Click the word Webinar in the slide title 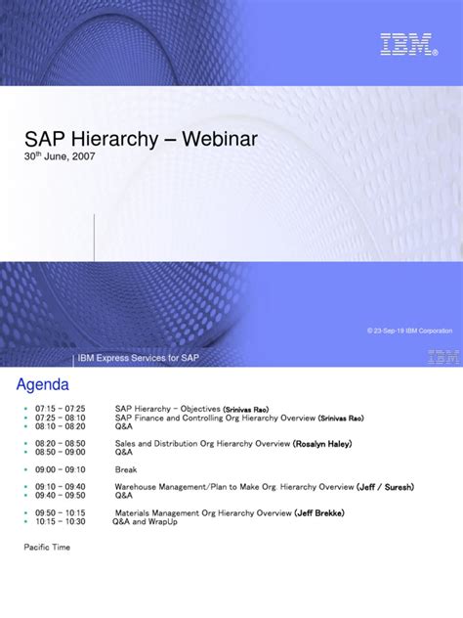(218, 140)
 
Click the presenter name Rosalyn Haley (323, 444)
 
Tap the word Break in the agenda (125, 468)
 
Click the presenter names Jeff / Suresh (387, 486)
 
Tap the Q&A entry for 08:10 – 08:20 (124, 427)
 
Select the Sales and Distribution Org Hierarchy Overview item (203, 444)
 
